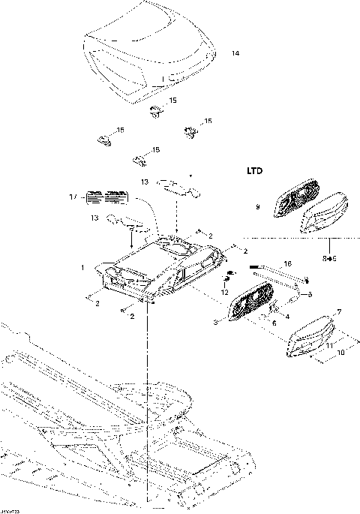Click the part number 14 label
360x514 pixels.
tap(235, 54)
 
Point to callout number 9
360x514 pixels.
tap(257, 207)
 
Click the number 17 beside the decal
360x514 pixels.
tap(72, 197)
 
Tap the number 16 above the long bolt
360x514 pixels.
tap(286, 264)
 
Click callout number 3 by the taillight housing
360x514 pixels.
tap(215, 323)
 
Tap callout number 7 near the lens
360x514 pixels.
tap(338, 311)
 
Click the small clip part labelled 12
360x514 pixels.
tap(231, 272)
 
